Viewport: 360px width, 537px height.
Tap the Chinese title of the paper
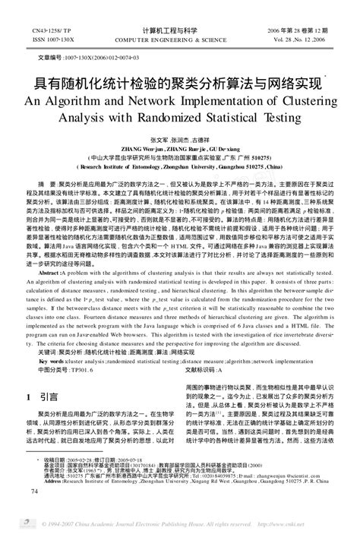(x=175, y=81)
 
